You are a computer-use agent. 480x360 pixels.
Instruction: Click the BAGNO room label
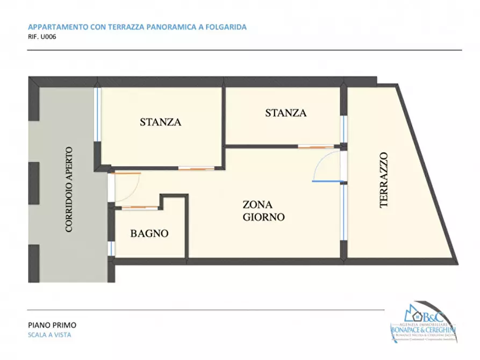(x=149, y=234)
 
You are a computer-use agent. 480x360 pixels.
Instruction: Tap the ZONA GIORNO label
(x=263, y=211)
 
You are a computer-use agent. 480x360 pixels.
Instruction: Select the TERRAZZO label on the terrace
(x=383, y=179)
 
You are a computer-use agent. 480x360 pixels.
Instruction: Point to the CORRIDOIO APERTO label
(x=69, y=189)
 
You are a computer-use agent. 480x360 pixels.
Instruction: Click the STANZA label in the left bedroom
(x=160, y=122)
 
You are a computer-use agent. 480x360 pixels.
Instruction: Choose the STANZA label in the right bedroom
(x=285, y=113)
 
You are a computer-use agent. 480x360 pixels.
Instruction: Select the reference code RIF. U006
(x=41, y=38)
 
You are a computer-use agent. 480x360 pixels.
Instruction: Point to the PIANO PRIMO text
(x=52, y=325)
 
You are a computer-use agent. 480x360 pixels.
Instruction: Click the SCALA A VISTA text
(x=49, y=335)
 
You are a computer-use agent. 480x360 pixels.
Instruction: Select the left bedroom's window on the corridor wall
(x=98, y=114)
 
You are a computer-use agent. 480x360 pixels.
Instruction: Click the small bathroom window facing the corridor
(x=111, y=248)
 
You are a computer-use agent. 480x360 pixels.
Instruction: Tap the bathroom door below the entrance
(x=139, y=207)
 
